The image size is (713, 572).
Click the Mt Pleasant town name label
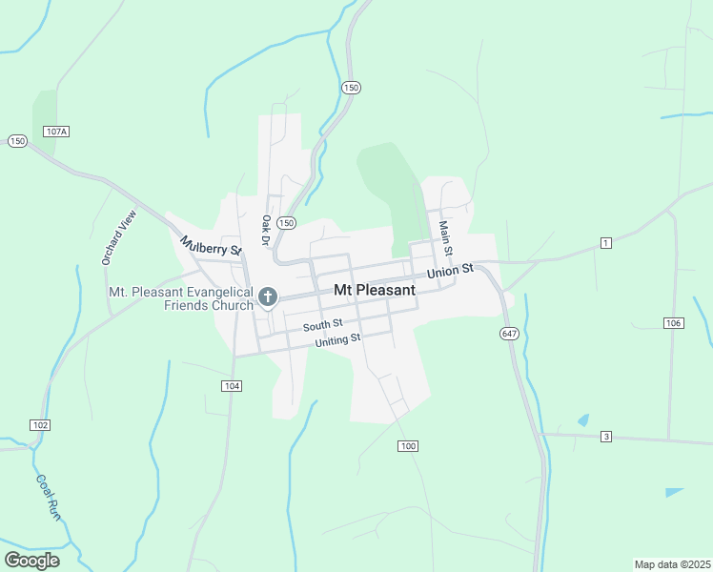375,290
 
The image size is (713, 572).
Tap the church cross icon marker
268,297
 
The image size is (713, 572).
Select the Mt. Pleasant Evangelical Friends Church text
181,298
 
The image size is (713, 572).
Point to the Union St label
450,272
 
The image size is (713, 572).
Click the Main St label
443,237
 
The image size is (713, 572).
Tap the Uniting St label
331,339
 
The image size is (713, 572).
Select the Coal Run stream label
49,497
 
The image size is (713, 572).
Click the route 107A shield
56,132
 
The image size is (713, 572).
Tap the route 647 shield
508,334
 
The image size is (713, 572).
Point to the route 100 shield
408,446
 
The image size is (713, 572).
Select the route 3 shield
605,437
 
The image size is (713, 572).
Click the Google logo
31,561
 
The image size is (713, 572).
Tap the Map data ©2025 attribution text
672,564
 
